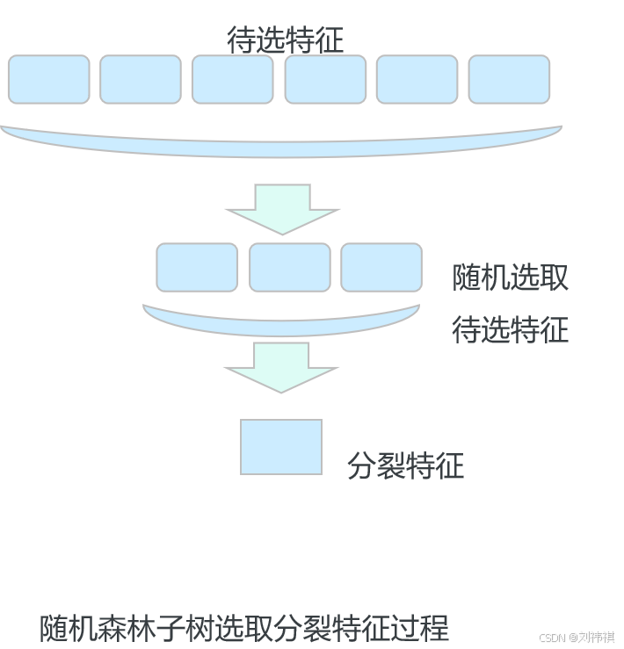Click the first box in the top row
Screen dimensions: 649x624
(49, 79)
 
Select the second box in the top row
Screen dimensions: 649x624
(141, 79)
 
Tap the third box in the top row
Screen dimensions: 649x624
(233, 79)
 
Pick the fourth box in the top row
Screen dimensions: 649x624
(325, 79)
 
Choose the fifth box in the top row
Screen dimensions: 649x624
(417, 79)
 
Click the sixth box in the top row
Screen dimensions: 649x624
(509, 79)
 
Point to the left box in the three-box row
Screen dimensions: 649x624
(197, 268)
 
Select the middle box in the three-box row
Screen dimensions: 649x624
(290, 268)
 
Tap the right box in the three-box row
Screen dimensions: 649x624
(381, 268)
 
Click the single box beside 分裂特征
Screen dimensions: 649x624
(281, 447)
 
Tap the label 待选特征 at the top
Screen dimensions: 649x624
(285, 40)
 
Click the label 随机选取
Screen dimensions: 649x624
(510, 278)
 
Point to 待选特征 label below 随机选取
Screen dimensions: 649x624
(510, 330)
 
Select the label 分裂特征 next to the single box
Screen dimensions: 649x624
(405, 465)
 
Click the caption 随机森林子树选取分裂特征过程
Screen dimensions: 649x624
(244, 628)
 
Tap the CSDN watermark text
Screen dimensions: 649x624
(575, 637)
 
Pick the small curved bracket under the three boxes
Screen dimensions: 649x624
(281, 324)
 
